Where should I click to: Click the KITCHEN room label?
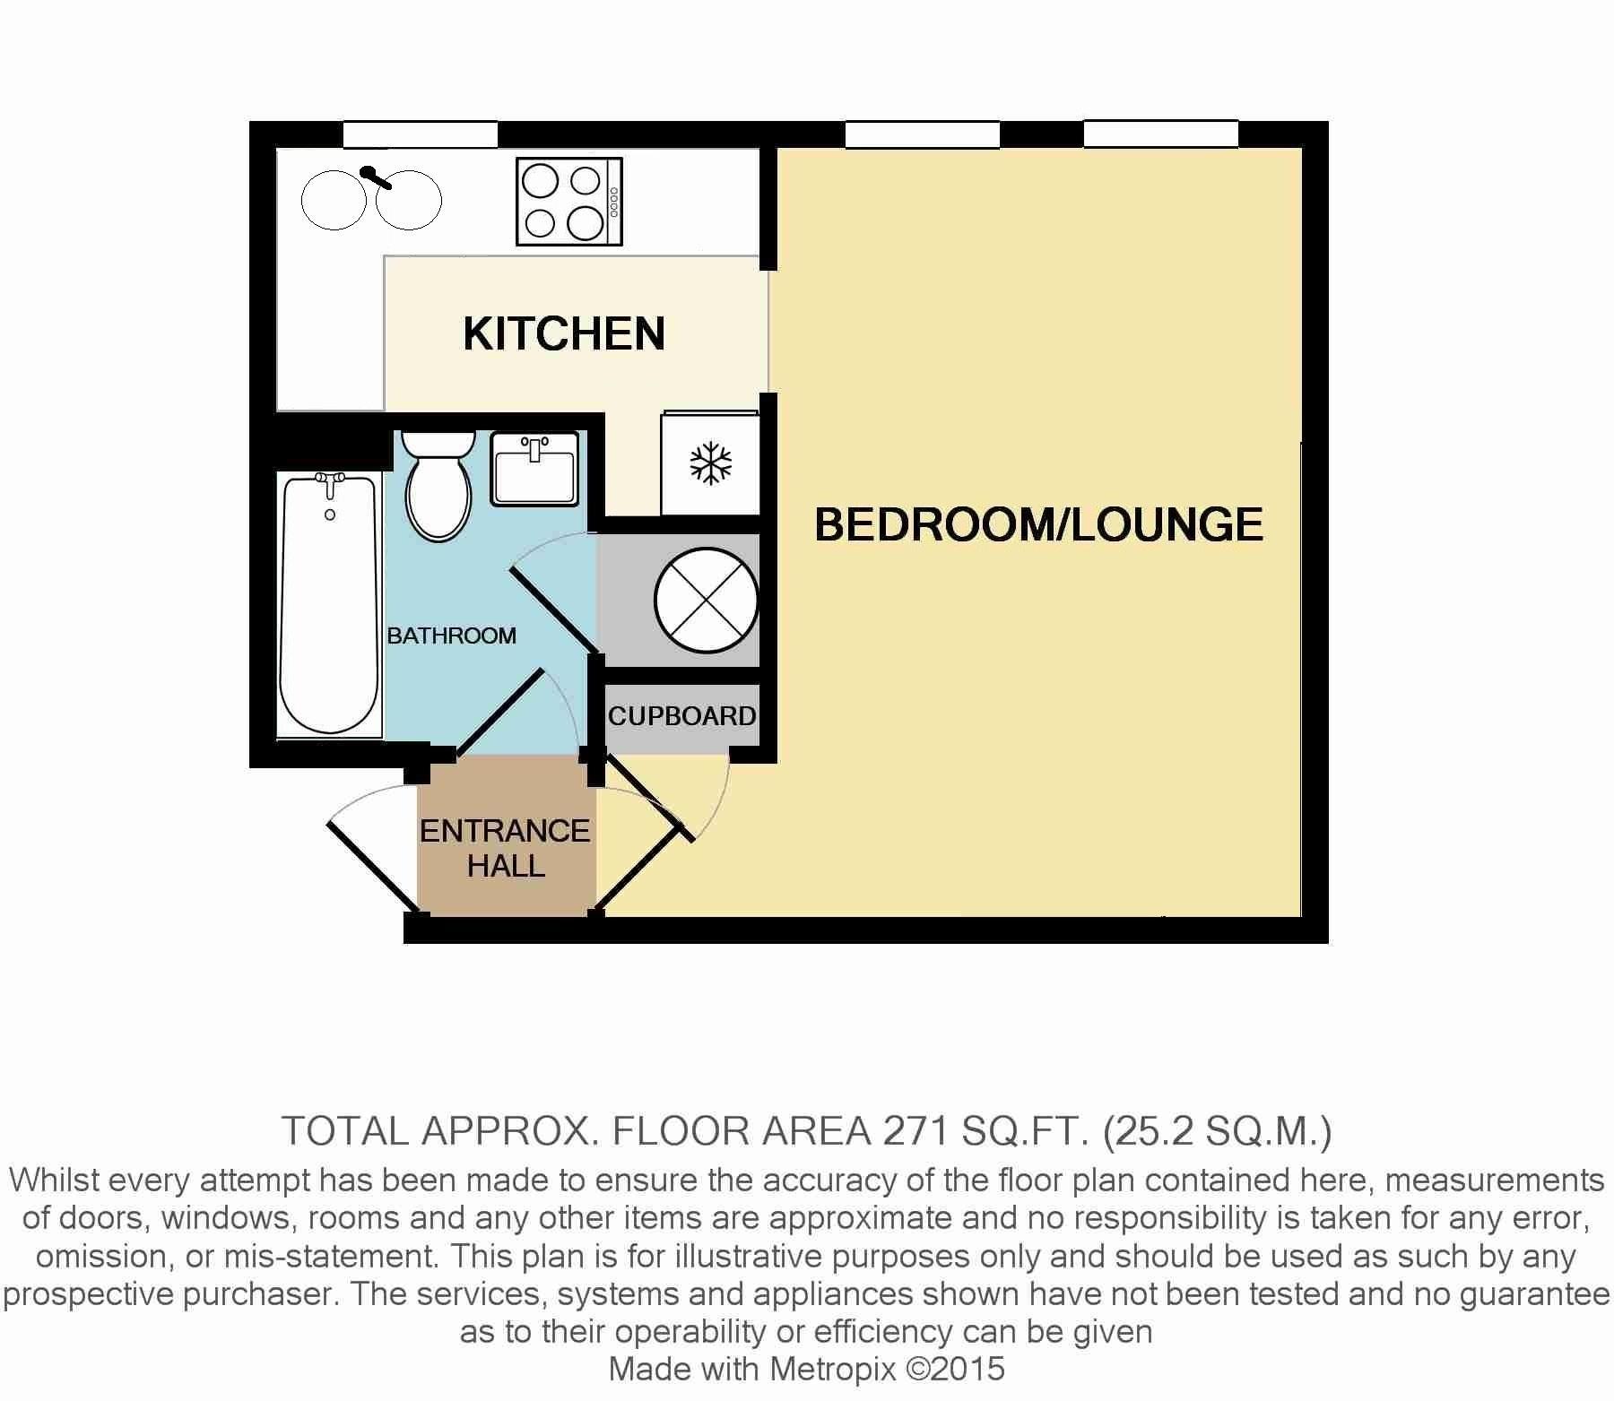click(x=564, y=333)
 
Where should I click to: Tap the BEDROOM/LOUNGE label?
click(x=1038, y=524)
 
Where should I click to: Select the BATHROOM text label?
click(x=451, y=636)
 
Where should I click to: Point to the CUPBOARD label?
click(x=681, y=716)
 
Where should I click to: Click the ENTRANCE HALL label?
click(x=505, y=848)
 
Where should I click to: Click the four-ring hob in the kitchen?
click(x=569, y=202)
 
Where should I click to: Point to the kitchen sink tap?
click(x=376, y=177)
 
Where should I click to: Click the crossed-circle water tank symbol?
click(x=707, y=600)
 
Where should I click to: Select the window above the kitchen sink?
click(x=420, y=134)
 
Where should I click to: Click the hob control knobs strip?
click(x=614, y=203)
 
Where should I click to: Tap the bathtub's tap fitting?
click(x=331, y=485)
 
